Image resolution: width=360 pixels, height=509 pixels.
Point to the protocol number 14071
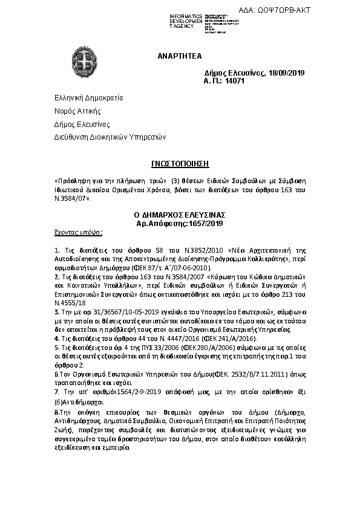pyautogui.click(x=234, y=80)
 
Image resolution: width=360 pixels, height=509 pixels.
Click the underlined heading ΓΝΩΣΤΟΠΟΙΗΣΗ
pyautogui.click(x=178, y=163)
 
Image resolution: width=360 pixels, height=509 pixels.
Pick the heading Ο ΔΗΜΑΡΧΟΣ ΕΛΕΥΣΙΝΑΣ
pyautogui.click(x=179, y=215)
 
